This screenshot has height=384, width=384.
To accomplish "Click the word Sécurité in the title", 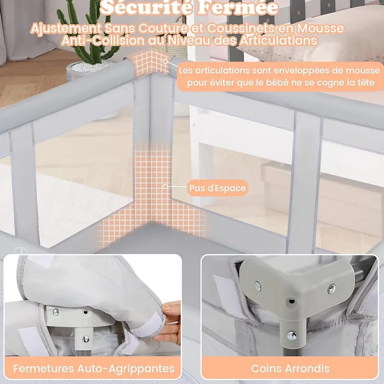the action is point(146,7).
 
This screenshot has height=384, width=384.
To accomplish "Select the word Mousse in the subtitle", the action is point(321,28).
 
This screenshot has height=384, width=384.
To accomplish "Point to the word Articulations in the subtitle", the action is point(278,40).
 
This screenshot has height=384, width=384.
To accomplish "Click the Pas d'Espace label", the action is point(217,188).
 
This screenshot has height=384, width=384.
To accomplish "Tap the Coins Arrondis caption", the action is point(290,368).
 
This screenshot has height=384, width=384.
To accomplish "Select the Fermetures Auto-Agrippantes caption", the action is point(94,368).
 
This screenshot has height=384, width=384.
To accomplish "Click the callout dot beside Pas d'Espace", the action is point(165,187).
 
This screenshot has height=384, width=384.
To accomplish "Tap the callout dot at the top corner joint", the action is point(166,61).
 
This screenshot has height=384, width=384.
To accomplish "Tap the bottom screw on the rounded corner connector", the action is point(292,335).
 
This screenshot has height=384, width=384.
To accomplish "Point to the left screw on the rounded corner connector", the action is point(258,286).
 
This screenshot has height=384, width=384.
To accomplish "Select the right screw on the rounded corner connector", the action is point(331,289).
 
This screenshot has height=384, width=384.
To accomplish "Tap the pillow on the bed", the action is point(316,37).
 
